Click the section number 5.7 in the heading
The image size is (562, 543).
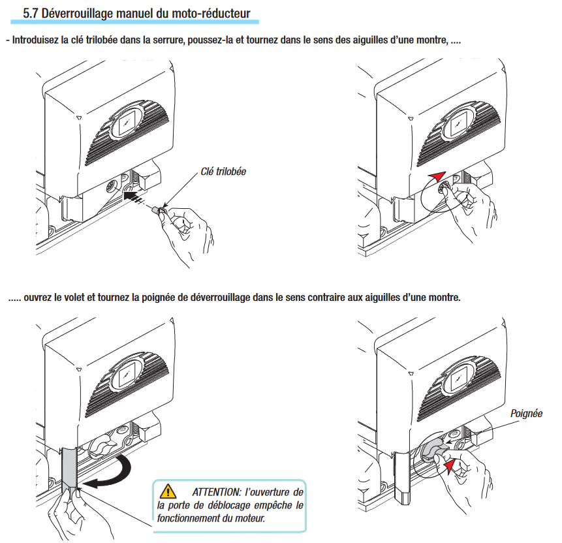coord(31,13)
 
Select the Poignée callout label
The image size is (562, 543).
coord(526,414)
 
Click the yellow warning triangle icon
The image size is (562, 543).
coord(169,489)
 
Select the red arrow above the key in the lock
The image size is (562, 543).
coord(436,176)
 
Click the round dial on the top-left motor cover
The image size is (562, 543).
coord(127,122)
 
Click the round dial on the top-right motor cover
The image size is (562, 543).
coord(458,122)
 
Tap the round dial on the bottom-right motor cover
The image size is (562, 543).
coord(458,377)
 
